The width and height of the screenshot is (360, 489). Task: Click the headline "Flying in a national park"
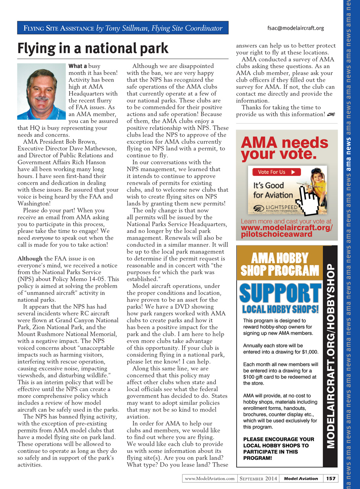tap(93, 48)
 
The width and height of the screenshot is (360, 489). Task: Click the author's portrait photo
tap(42, 92)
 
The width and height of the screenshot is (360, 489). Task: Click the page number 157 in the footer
tap(331, 478)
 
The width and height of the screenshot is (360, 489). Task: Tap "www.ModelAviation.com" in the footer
tap(209, 478)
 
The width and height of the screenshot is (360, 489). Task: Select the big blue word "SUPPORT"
tap(280, 292)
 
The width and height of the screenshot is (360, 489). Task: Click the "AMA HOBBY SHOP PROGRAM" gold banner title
tap(280, 264)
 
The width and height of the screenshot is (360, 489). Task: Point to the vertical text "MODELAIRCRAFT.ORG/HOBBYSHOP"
tap(331, 355)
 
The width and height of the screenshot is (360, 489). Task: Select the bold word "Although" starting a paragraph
tap(30, 258)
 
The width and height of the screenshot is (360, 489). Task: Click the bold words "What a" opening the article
tap(77, 66)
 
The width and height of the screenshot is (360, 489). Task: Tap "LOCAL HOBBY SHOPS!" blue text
tap(280, 309)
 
